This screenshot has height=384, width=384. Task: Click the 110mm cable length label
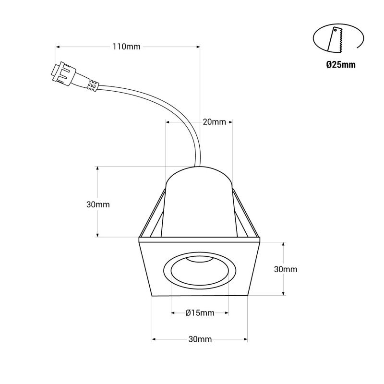(126, 47)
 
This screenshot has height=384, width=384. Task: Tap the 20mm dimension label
(214, 122)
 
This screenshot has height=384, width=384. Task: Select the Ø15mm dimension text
(200, 313)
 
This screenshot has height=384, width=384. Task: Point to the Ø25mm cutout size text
(341, 65)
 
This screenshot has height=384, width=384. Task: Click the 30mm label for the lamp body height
(98, 204)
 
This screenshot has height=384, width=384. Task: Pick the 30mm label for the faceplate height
(286, 269)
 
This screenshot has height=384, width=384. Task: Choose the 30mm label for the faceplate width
(200, 339)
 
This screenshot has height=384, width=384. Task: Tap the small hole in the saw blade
(335, 30)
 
